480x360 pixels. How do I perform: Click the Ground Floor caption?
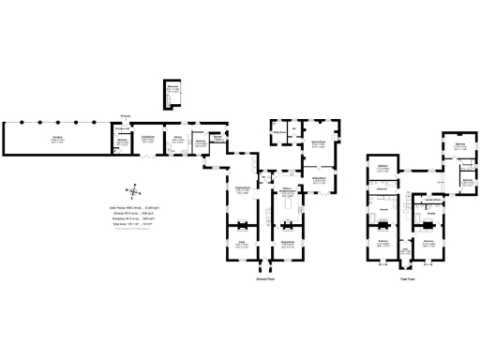(266, 278)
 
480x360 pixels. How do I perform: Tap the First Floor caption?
(408, 278)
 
